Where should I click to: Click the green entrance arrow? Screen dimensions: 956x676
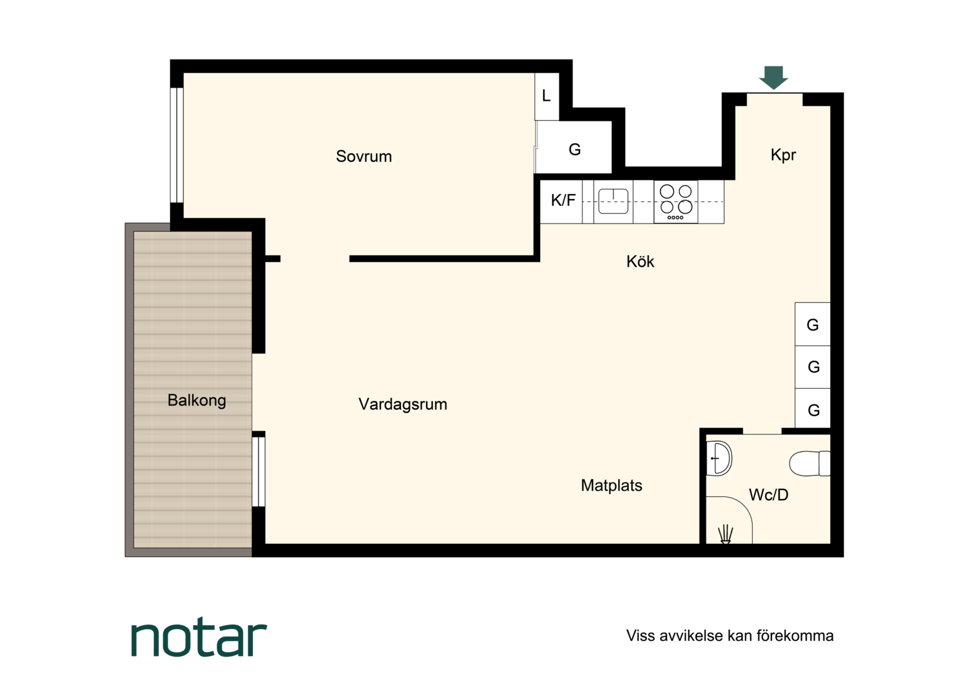coord(773,78)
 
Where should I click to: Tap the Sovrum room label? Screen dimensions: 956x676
coord(364,156)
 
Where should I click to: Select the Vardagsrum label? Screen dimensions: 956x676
coord(402,404)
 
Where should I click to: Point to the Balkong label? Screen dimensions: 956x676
coord(196,400)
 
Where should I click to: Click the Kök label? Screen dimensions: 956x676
coord(640,262)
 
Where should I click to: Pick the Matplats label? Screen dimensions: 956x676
coord(611,485)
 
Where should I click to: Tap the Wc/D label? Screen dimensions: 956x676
coord(768,494)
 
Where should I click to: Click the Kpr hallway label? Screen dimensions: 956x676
coord(783,155)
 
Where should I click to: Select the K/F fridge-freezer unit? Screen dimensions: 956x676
coord(561,202)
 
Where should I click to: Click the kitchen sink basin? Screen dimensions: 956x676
coord(613,201)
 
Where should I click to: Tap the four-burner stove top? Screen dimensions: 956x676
coord(676,202)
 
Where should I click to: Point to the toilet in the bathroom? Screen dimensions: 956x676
coord(810,463)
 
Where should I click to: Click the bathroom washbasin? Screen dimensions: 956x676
coord(719,458)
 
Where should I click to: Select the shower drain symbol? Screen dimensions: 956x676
coord(725,535)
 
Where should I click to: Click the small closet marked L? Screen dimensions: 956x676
coord(547,96)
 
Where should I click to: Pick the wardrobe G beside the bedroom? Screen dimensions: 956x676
coord(574,148)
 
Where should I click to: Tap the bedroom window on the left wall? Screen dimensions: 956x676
coord(176,145)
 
